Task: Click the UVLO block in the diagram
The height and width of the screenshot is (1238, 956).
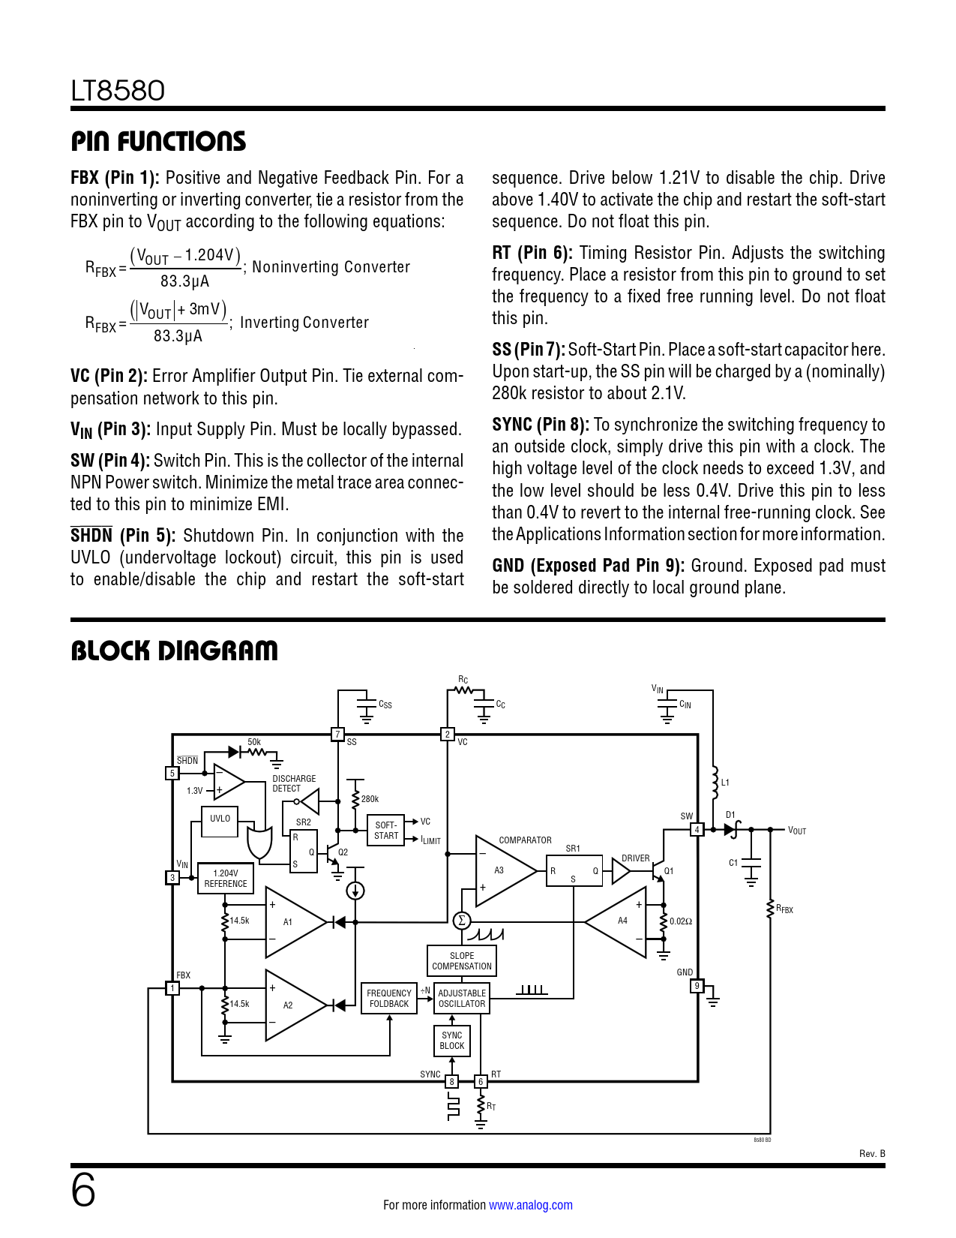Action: (x=220, y=822)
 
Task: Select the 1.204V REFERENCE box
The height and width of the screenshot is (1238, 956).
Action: (x=225, y=879)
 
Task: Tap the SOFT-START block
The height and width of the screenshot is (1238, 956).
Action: (x=385, y=831)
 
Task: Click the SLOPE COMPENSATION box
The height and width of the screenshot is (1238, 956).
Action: (x=461, y=961)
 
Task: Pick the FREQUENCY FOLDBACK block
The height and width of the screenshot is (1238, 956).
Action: (x=388, y=999)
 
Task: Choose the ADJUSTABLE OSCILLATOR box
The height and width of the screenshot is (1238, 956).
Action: (x=461, y=999)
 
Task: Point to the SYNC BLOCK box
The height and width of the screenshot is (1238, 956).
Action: (x=451, y=1041)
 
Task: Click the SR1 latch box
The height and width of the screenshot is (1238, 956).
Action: (x=574, y=871)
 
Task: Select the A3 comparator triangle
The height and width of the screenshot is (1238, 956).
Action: (x=502, y=870)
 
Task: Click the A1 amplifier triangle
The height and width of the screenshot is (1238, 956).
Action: (x=292, y=922)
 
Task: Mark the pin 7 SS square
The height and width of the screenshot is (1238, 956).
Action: (x=337, y=735)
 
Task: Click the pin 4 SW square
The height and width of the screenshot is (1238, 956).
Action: (x=697, y=830)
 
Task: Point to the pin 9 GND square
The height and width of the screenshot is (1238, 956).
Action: (x=697, y=986)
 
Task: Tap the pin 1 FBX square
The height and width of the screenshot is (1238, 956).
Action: (x=172, y=988)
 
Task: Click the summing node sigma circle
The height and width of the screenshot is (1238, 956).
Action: (x=461, y=921)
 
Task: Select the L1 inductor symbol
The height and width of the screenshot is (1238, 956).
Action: (x=714, y=783)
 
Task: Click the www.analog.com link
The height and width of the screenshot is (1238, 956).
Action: (x=530, y=1205)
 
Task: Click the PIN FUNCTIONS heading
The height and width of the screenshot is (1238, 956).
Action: (x=158, y=141)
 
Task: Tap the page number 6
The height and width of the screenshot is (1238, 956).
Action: (x=83, y=1191)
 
